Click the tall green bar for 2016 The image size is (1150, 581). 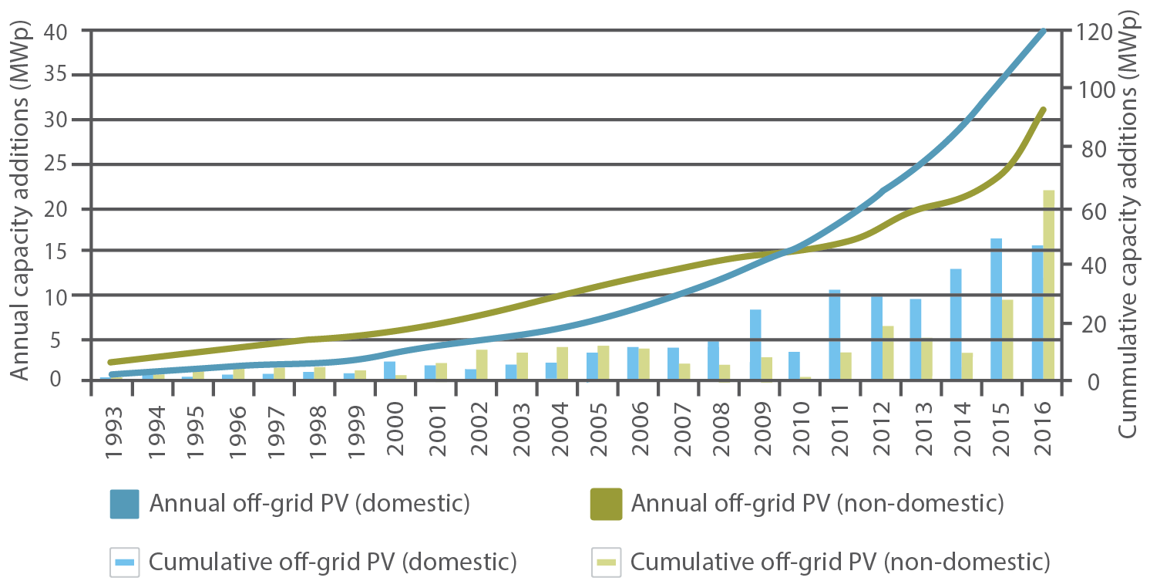(x=1048, y=285)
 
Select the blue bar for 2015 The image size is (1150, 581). (x=996, y=309)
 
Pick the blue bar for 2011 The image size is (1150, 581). (x=835, y=335)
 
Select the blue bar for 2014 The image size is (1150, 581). (x=956, y=324)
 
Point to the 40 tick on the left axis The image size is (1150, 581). (x=67, y=32)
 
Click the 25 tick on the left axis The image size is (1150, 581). (x=67, y=164)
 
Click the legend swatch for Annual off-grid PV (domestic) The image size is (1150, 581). (x=124, y=504)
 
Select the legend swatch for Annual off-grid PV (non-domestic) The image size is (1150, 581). (x=606, y=504)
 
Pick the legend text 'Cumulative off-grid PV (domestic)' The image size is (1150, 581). (x=333, y=561)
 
